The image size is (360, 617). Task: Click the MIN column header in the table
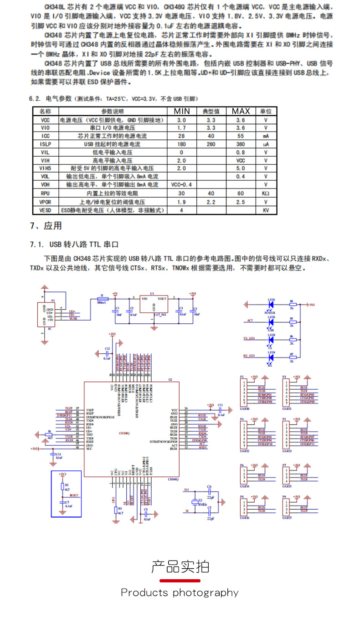181,111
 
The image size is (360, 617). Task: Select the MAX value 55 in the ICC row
241,136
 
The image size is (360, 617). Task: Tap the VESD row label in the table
45,210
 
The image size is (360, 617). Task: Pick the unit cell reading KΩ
266,194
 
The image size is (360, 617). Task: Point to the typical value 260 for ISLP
211,144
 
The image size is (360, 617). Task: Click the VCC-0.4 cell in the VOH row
181,185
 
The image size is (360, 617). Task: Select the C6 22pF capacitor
210,493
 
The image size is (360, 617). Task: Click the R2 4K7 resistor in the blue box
62,486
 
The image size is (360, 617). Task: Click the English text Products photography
180,592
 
